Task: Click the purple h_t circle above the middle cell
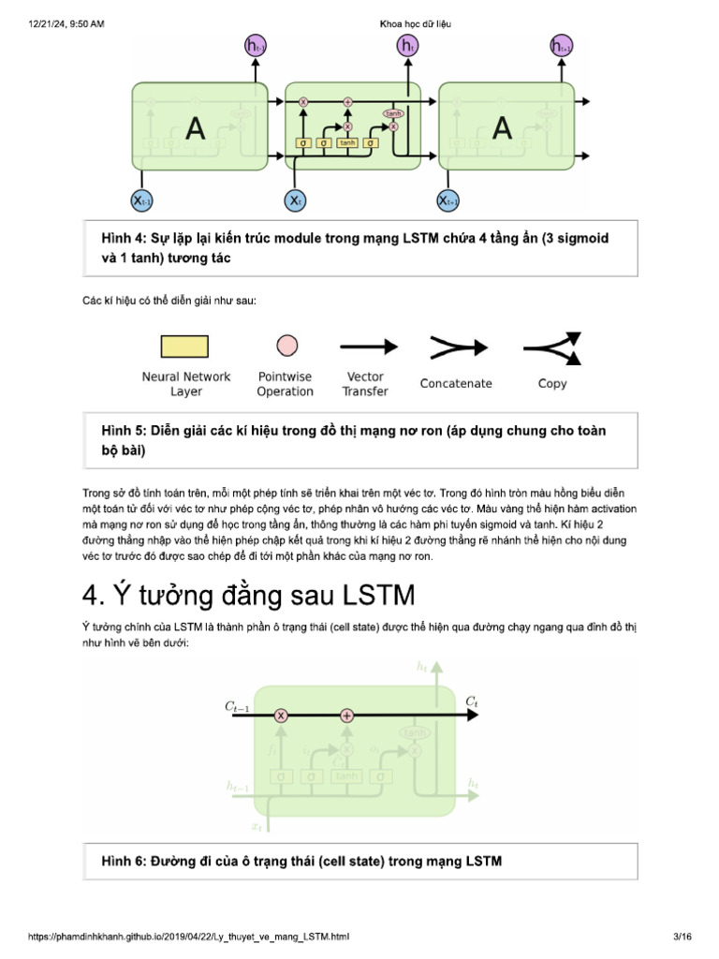[407, 45]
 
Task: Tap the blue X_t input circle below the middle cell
[295, 200]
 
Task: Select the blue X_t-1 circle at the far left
[142, 200]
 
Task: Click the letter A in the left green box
[195, 128]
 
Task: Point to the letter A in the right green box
[502, 128]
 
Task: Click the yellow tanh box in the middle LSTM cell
[347, 143]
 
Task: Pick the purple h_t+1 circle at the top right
[561, 45]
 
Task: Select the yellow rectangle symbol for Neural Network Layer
[185, 347]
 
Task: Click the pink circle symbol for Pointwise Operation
[285, 347]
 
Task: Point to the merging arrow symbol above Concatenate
[455, 347]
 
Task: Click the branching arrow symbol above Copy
[553, 347]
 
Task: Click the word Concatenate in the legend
[456, 383]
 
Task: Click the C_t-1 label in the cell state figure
[237, 709]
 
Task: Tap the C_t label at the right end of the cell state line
[473, 701]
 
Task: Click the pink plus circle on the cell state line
[346, 716]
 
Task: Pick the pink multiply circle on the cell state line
[280, 716]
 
